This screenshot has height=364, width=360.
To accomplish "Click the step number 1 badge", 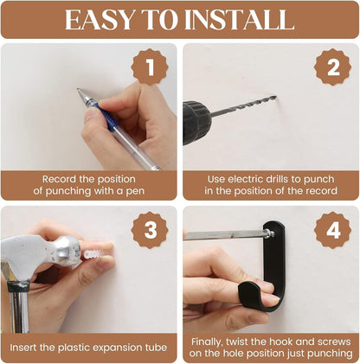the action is pyautogui.click(x=150, y=67).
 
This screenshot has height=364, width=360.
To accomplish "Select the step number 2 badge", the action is pyautogui.click(x=333, y=67).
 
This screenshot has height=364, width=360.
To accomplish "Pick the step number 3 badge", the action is pyautogui.click(x=150, y=230).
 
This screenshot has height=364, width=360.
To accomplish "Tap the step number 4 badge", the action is pyautogui.click(x=333, y=230).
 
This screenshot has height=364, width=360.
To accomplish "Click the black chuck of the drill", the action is pyautogui.click(x=196, y=122).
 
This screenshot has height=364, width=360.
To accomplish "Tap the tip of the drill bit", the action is pyautogui.click(x=275, y=98).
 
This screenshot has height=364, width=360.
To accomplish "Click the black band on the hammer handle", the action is pyautogui.click(x=19, y=286).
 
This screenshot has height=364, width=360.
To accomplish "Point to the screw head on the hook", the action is pyautogui.click(x=269, y=233).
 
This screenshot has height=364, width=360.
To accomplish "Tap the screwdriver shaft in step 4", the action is pyautogui.click(x=224, y=235).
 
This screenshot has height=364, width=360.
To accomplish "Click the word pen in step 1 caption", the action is pyautogui.click(x=135, y=192).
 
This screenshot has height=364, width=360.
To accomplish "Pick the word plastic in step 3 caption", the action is pyautogui.click(x=74, y=348).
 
